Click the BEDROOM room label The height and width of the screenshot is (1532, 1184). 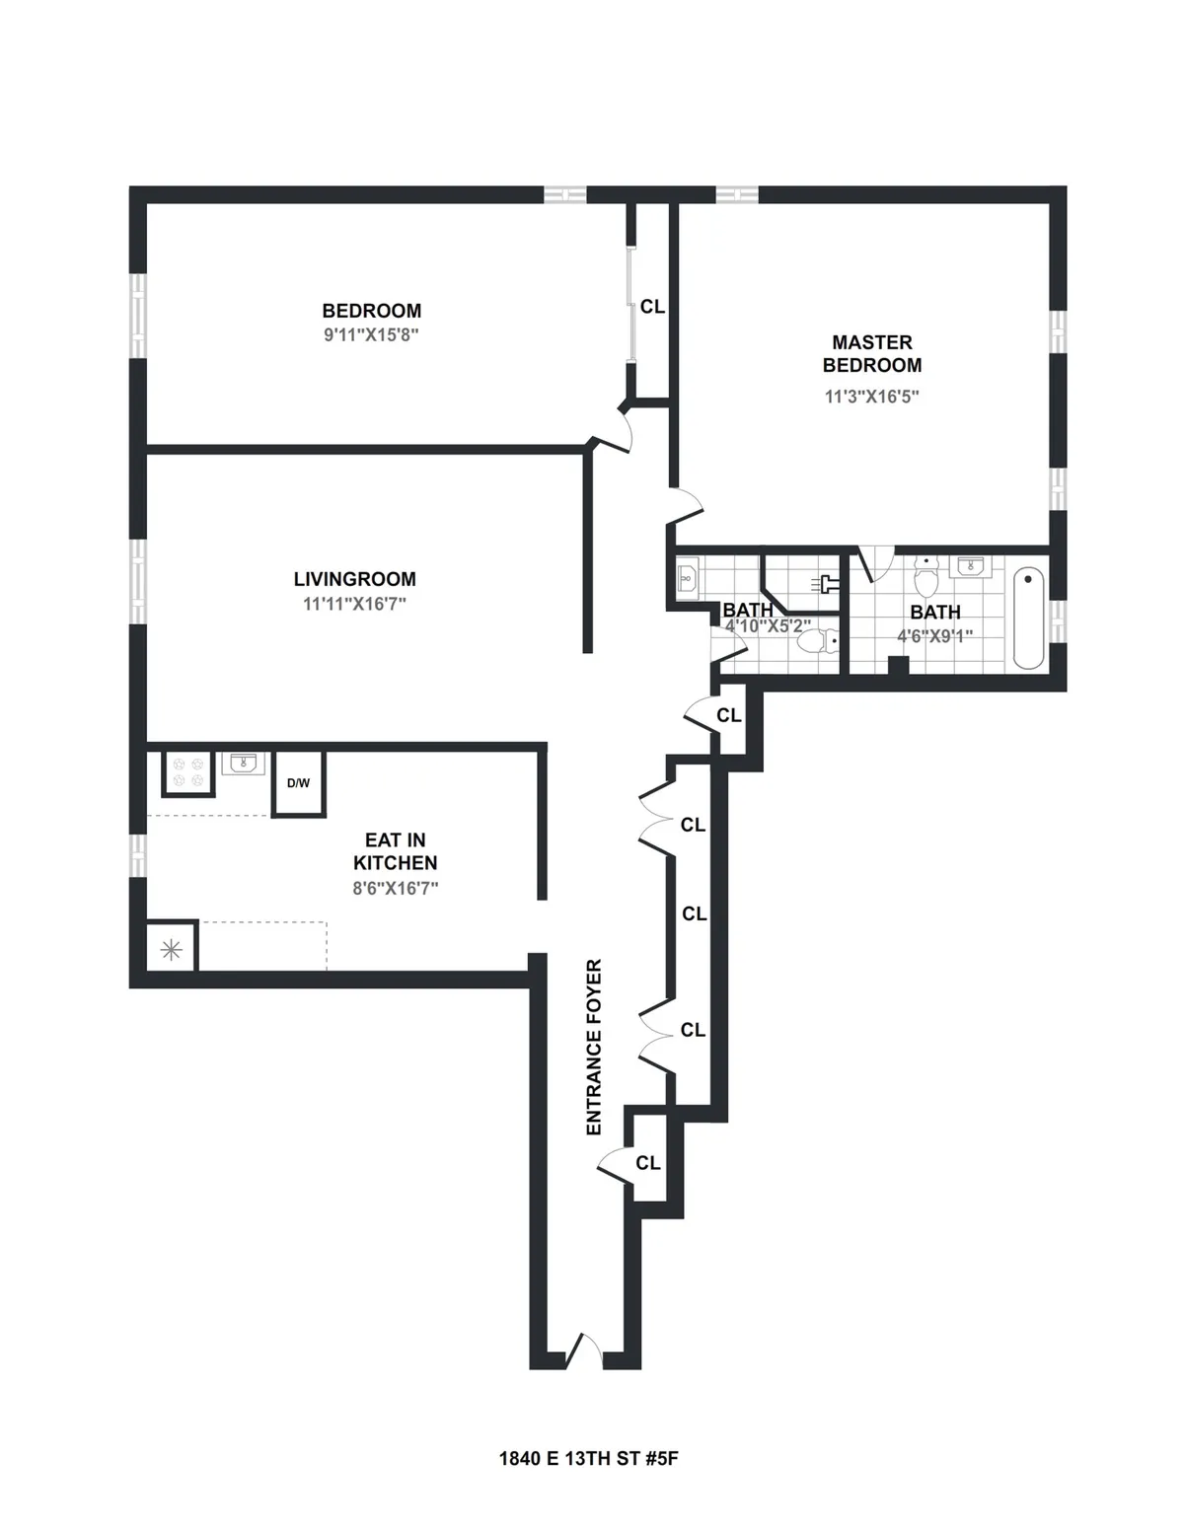pyautogui.click(x=371, y=311)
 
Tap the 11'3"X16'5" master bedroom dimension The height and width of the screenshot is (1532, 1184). pyautogui.click(x=871, y=397)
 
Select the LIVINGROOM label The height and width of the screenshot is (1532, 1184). pyautogui.click(x=354, y=579)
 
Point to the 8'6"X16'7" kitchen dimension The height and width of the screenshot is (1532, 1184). pyautogui.click(x=395, y=888)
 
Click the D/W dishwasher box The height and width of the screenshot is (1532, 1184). pyautogui.click(x=298, y=784)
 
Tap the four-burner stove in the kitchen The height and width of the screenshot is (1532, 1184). pyautogui.click(x=187, y=773)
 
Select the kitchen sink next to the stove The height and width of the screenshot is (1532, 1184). pyautogui.click(x=243, y=764)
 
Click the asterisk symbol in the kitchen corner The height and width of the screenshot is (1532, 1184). pyautogui.click(x=171, y=950)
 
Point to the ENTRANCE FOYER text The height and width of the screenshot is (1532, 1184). pyautogui.click(x=594, y=1047)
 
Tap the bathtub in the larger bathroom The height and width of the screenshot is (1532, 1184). pyautogui.click(x=1028, y=618)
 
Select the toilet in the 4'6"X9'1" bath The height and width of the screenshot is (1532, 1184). pyautogui.click(x=925, y=572)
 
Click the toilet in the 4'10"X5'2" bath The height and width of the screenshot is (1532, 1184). pyautogui.click(x=813, y=642)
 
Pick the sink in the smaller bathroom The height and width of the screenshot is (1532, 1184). pyautogui.click(x=687, y=576)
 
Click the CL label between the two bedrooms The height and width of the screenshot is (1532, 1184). pyautogui.click(x=652, y=307)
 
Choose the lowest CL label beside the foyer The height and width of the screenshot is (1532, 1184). pyautogui.click(x=647, y=1163)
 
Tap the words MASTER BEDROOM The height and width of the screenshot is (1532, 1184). pyautogui.click(x=871, y=353)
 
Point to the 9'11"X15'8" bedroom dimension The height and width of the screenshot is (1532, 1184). pyautogui.click(x=371, y=334)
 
